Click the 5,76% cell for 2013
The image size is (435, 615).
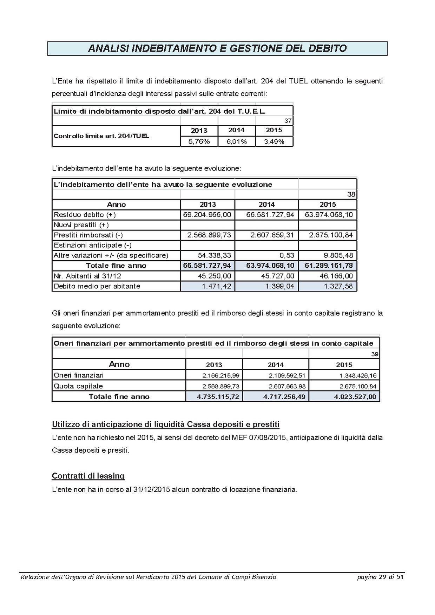point(199,142)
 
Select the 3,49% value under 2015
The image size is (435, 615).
point(274,142)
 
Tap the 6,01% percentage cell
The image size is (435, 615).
point(236,142)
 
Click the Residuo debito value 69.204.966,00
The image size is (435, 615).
point(207,215)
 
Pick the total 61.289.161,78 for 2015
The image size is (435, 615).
point(329,266)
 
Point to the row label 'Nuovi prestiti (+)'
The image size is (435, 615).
point(81,225)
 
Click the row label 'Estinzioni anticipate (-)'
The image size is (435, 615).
point(93,245)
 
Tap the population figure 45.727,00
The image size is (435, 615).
point(277,276)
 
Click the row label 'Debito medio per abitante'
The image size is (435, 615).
point(97,286)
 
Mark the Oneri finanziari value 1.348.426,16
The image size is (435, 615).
point(358,375)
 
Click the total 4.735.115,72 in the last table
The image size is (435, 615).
point(218,397)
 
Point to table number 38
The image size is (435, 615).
point(351,194)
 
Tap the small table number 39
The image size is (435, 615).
point(375,354)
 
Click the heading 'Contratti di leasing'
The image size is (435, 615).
point(88,476)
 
